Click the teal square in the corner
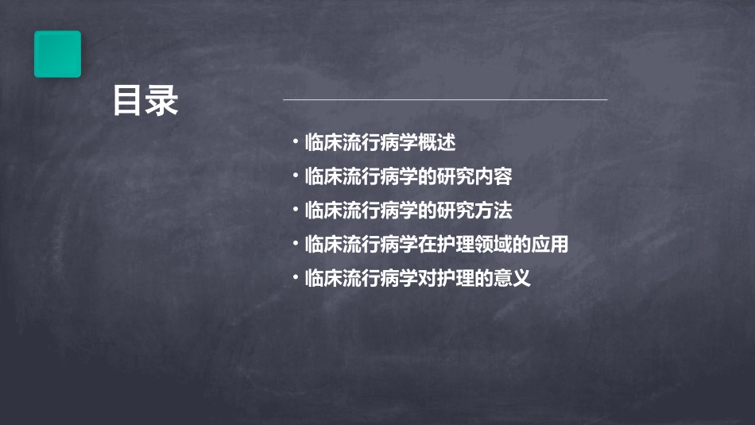57,54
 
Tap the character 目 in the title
128,101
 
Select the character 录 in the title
162,101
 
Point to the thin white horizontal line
445,100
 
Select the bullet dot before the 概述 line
295,143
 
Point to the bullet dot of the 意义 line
295,278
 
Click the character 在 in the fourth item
427,245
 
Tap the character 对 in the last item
427,279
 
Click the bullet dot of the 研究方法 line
295,210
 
